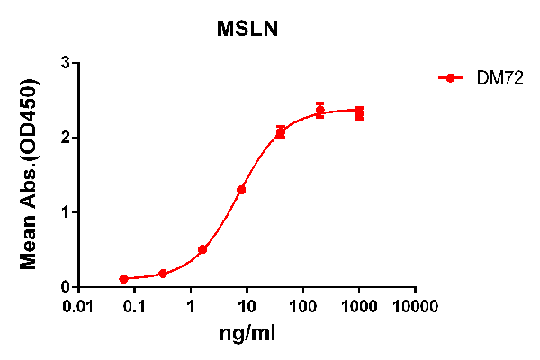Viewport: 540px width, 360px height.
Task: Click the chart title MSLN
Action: coord(247,29)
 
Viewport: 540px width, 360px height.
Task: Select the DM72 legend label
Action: coord(494,78)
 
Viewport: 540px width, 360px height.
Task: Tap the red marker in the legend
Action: coord(450,78)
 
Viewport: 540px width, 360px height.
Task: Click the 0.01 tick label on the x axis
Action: coord(79,307)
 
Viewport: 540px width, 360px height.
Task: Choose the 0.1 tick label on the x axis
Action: coord(135,307)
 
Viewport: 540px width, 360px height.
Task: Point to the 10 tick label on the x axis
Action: coord(247,307)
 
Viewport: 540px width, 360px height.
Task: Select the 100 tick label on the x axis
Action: coord(302,307)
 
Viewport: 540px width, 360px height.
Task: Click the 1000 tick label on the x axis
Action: coord(359,307)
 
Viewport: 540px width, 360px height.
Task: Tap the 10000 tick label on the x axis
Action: coord(415,307)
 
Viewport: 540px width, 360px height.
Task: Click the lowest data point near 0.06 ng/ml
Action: coord(123,279)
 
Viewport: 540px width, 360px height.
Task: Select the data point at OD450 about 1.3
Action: coord(241,190)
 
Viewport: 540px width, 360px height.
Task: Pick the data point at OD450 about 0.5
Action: coord(202,249)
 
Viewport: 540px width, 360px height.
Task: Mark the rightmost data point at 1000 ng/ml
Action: coord(359,113)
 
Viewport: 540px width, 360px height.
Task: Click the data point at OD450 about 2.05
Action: coord(281,133)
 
